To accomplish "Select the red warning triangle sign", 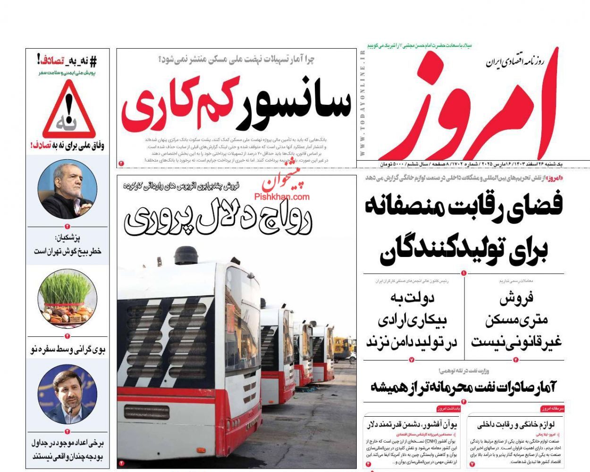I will [69, 111].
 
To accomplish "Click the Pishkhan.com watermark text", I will [282, 197].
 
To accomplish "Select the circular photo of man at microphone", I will [67, 395].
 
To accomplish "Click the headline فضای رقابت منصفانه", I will [464, 207].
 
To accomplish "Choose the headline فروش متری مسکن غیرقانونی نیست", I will [516, 320].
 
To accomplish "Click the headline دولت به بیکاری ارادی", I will [412, 320].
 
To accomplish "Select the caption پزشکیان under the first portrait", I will [67, 244].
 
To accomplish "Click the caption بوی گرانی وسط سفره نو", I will [67, 350].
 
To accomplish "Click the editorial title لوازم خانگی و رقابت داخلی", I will [516, 424].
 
